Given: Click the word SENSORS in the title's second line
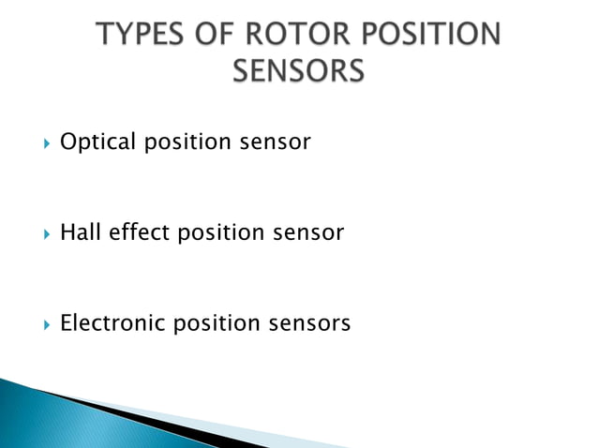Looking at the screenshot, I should click(x=298, y=70).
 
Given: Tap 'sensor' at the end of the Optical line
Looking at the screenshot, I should click(x=273, y=142).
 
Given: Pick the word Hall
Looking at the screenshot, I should click(x=78, y=232).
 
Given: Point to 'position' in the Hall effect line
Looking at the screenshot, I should click(x=217, y=232).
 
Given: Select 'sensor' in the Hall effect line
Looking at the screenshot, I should click(x=306, y=232).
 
